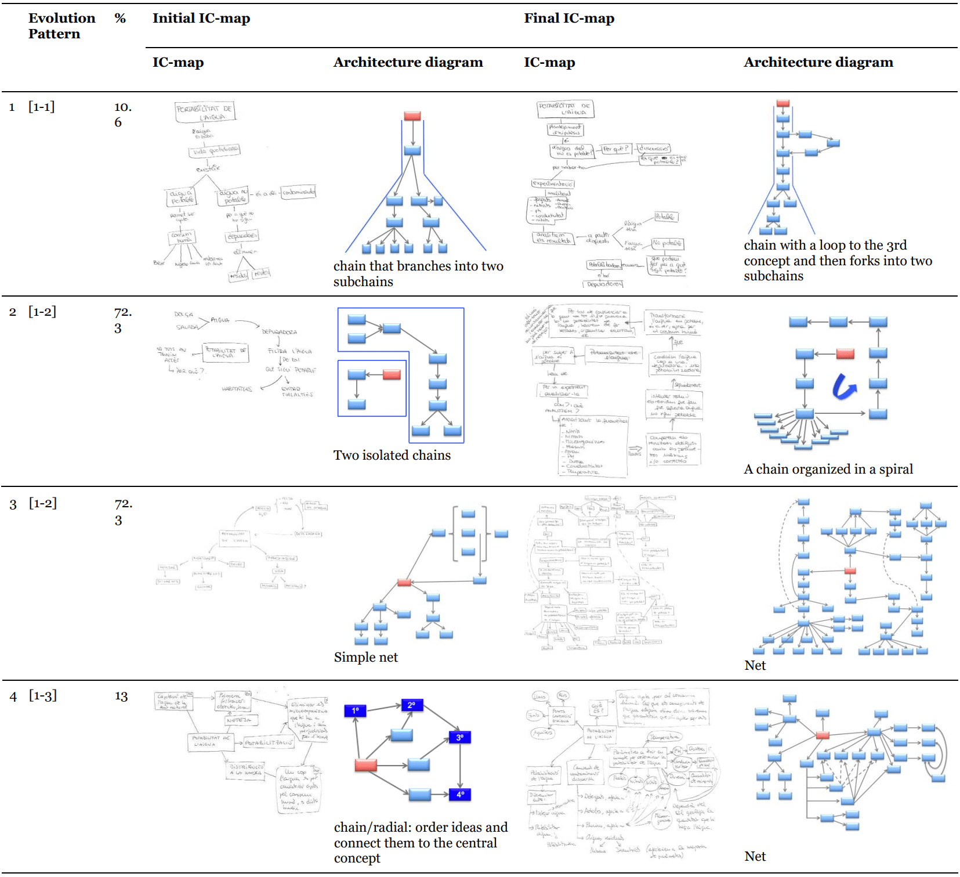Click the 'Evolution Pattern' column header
click(61, 26)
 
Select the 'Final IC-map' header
click(568, 19)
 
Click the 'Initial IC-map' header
click(201, 19)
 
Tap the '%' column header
click(120, 19)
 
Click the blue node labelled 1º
click(355, 710)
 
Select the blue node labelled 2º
click(412, 705)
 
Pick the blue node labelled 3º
click(460, 738)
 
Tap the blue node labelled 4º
click(460, 795)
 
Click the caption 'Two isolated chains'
click(392, 456)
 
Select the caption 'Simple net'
click(365, 658)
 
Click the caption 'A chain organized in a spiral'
click(828, 470)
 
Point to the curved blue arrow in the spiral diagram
click(843, 387)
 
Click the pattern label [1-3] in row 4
click(43, 696)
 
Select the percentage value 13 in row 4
click(121, 696)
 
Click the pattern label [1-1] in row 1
click(42, 107)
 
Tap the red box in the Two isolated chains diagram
click(392, 375)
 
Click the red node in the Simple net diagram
click(404, 582)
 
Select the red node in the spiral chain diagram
click(845, 353)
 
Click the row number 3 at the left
click(13, 505)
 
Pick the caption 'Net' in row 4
click(755, 857)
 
